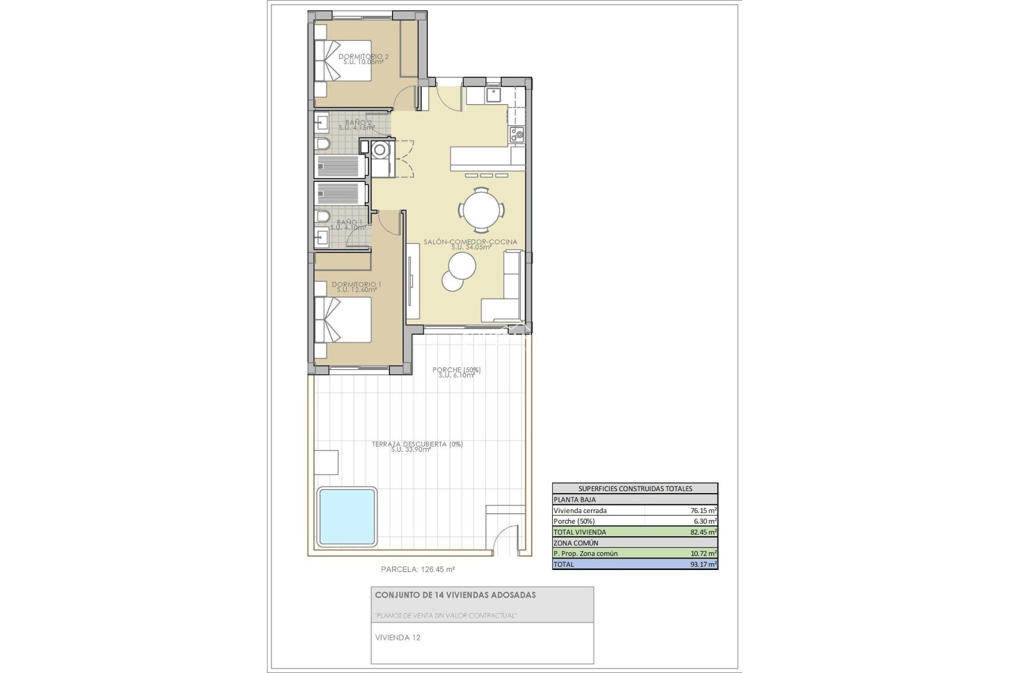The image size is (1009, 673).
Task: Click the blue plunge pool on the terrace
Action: pos(347,516)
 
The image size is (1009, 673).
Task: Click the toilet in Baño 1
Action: pos(322,217)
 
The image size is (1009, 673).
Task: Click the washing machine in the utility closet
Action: pos(380,150)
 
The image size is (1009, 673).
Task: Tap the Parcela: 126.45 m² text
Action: pos(418,569)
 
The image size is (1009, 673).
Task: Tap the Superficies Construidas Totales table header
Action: pos(635,488)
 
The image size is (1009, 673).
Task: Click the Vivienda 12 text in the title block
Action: pos(398,638)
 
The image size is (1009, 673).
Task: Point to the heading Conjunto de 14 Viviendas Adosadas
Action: pos(455,595)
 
